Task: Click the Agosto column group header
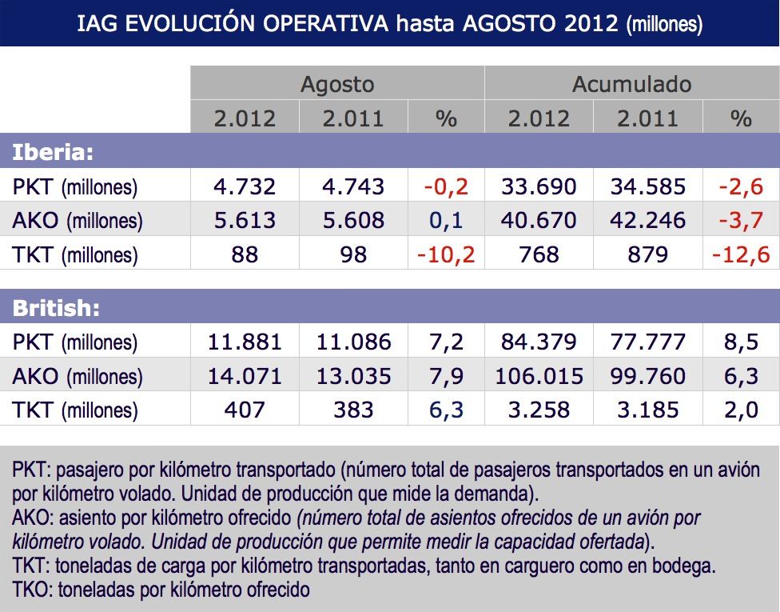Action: (336, 84)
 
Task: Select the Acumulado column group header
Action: (631, 84)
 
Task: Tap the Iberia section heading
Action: (53, 152)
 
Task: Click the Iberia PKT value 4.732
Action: (245, 187)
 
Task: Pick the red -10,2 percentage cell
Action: (446, 254)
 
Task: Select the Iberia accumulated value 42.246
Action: (648, 221)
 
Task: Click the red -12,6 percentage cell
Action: (741, 254)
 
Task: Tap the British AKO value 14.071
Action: (245, 376)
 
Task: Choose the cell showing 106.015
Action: (539, 376)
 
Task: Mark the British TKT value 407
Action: (245, 410)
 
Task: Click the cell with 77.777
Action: (648, 342)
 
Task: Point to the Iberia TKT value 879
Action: (648, 254)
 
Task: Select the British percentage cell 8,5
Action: (741, 342)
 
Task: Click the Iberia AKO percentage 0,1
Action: (446, 221)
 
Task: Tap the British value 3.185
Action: (648, 410)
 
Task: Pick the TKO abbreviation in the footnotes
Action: (30, 591)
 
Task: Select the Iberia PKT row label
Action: (75, 187)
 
